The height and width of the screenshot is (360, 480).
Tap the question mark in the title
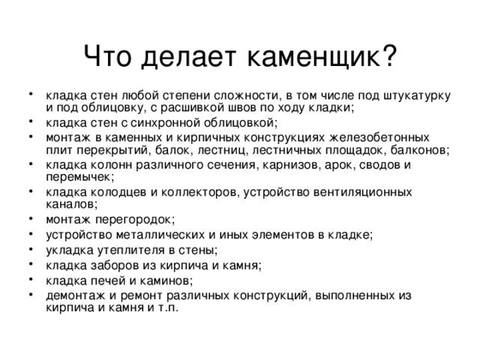[389, 55]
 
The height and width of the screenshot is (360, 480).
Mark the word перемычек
[80, 178]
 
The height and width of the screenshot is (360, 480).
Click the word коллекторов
[193, 191]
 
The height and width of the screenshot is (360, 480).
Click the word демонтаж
[73, 295]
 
